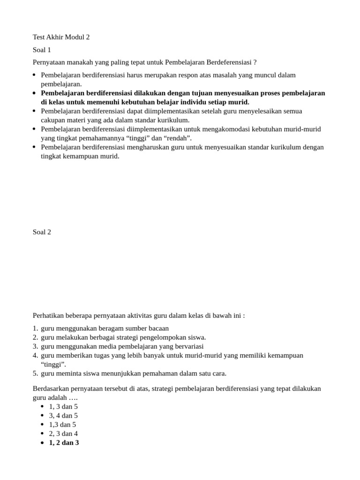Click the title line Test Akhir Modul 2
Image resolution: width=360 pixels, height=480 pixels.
(61, 37)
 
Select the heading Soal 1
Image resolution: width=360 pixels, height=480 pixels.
(42, 49)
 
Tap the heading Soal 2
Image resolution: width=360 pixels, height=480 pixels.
(42, 232)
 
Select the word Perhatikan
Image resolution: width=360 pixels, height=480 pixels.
(49, 315)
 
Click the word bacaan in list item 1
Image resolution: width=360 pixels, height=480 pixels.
(158, 328)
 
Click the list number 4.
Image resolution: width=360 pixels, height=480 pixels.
(35, 355)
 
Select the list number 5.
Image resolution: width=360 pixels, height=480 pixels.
(35, 374)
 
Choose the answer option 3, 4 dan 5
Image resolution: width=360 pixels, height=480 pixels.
(63, 415)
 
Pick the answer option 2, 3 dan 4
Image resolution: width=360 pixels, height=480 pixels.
(63, 434)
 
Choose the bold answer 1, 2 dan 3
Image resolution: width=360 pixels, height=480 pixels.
(64, 442)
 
